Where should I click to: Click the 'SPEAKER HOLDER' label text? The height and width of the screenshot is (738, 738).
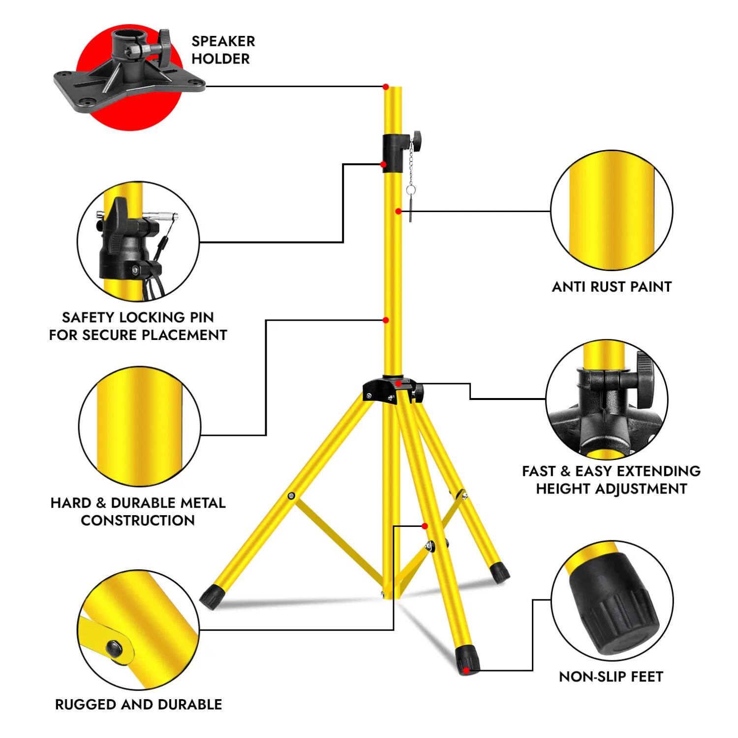223,50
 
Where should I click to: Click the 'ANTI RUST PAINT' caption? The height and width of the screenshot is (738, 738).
612,287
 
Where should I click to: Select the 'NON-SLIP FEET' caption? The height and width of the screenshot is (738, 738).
611,677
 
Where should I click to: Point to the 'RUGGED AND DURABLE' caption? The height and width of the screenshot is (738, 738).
138,705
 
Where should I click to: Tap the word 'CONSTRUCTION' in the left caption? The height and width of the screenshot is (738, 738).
138,521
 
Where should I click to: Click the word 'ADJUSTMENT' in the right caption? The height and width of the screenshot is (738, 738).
611,489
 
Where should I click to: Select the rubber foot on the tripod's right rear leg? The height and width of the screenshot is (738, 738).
500,573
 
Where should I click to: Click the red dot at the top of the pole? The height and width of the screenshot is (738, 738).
386,87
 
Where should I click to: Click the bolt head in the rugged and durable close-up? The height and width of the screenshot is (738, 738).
115,648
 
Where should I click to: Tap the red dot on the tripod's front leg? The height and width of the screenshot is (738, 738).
425,526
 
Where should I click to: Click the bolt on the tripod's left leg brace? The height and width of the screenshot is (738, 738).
292,495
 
